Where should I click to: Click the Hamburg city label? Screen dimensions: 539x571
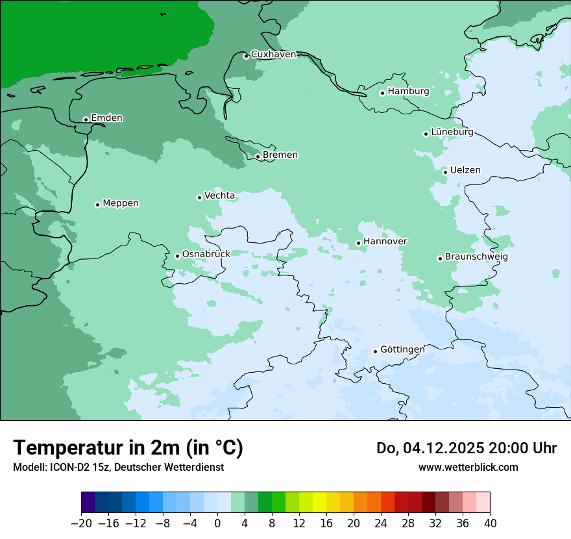point(408,92)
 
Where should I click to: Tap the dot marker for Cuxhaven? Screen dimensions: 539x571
point(246,56)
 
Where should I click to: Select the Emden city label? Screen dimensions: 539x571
point(106,118)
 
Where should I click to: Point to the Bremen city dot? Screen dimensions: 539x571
point(258,157)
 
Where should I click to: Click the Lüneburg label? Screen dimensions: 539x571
point(452,132)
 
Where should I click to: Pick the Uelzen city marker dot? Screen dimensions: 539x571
point(445,172)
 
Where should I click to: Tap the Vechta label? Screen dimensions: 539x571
point(219,195)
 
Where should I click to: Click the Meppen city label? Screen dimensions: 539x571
point(121,203)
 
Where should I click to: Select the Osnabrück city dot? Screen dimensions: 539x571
point(177,256)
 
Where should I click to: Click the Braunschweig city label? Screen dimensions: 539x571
point(476,257)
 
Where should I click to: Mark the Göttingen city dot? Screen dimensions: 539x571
point(375,351)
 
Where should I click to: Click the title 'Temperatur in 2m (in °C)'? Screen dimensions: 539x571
point(128,448)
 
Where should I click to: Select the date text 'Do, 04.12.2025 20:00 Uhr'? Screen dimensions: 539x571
point(466,448)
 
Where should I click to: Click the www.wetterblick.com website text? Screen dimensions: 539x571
point(468,468)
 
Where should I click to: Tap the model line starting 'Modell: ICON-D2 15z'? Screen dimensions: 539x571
point(118,468)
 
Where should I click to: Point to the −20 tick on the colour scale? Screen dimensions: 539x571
point(81,523)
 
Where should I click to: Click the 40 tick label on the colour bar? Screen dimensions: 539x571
point(490,523)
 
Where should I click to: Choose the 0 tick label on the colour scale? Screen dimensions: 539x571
point(217,523)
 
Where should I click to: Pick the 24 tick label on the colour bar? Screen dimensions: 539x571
point(381,523)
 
